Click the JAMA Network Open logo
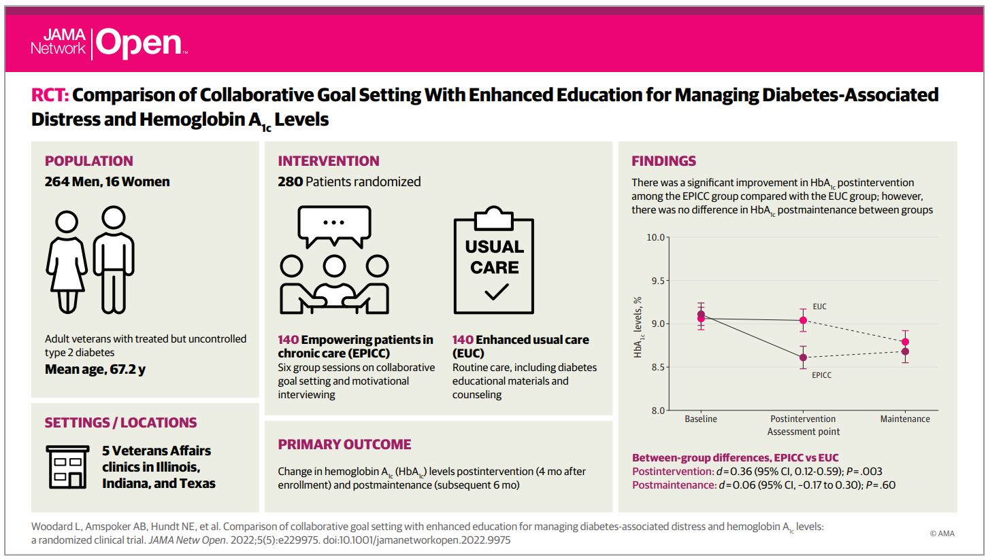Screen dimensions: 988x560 point(110,43)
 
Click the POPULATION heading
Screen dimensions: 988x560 point(88,161)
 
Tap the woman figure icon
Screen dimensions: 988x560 point(67,262)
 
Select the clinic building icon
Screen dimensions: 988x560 point(67,467)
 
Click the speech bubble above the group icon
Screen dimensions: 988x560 point(334,226)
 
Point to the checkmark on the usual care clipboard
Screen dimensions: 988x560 point(497,292)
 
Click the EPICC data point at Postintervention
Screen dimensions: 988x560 point(803,357)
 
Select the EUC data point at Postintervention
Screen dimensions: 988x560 point(803,320)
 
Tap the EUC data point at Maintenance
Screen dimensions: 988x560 point(905,342)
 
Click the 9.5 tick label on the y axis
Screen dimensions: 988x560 point(657,281)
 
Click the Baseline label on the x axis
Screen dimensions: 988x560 point(700,419)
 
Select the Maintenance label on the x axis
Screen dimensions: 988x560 point(905,419)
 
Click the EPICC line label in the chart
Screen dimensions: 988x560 point(822,375)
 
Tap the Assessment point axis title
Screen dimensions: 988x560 point(803,432)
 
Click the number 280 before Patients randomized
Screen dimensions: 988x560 point(291,181)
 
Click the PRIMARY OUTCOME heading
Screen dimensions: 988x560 point(344,444)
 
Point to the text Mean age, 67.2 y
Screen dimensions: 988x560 point(95,369)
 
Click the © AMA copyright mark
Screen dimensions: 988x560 point(942,533)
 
